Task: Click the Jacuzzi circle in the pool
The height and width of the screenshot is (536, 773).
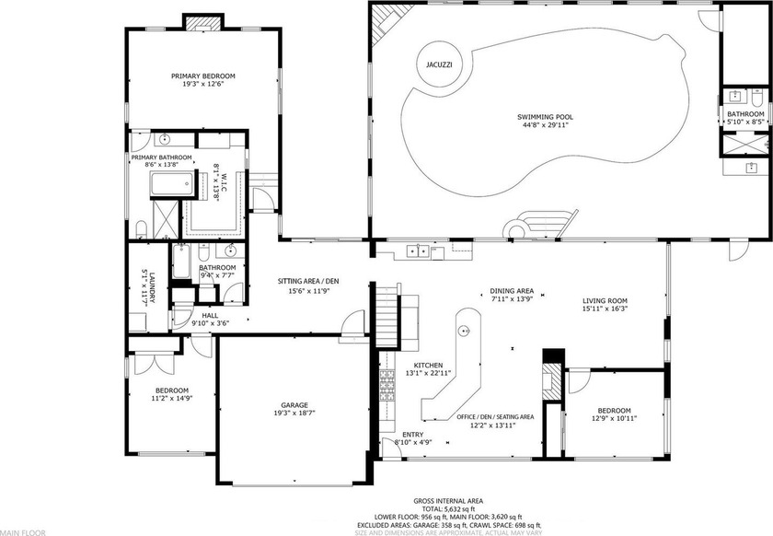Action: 439,64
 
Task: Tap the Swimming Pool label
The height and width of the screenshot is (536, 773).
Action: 545,117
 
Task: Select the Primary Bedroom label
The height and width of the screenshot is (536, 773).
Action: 203,76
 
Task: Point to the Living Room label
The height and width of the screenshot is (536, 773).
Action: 605,300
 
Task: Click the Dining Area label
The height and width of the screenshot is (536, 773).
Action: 512,291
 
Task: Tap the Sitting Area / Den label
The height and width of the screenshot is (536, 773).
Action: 306,281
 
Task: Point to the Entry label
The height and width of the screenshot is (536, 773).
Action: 413,434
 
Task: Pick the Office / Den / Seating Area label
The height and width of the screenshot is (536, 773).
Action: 495,416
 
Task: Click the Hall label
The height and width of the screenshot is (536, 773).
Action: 210,315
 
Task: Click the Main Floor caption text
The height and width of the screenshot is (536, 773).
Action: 22,531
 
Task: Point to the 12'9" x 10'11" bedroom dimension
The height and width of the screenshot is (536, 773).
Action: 614,418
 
